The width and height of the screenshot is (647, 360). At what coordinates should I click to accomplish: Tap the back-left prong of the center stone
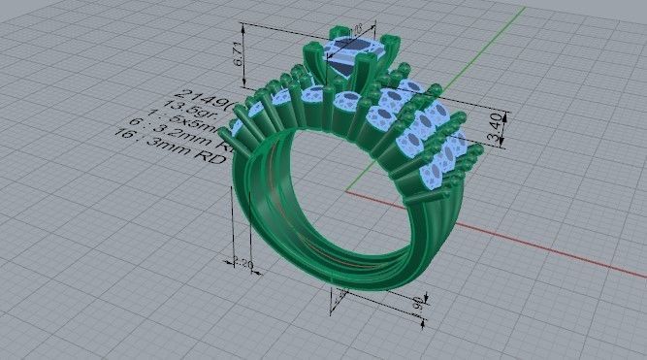pos(337,39)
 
